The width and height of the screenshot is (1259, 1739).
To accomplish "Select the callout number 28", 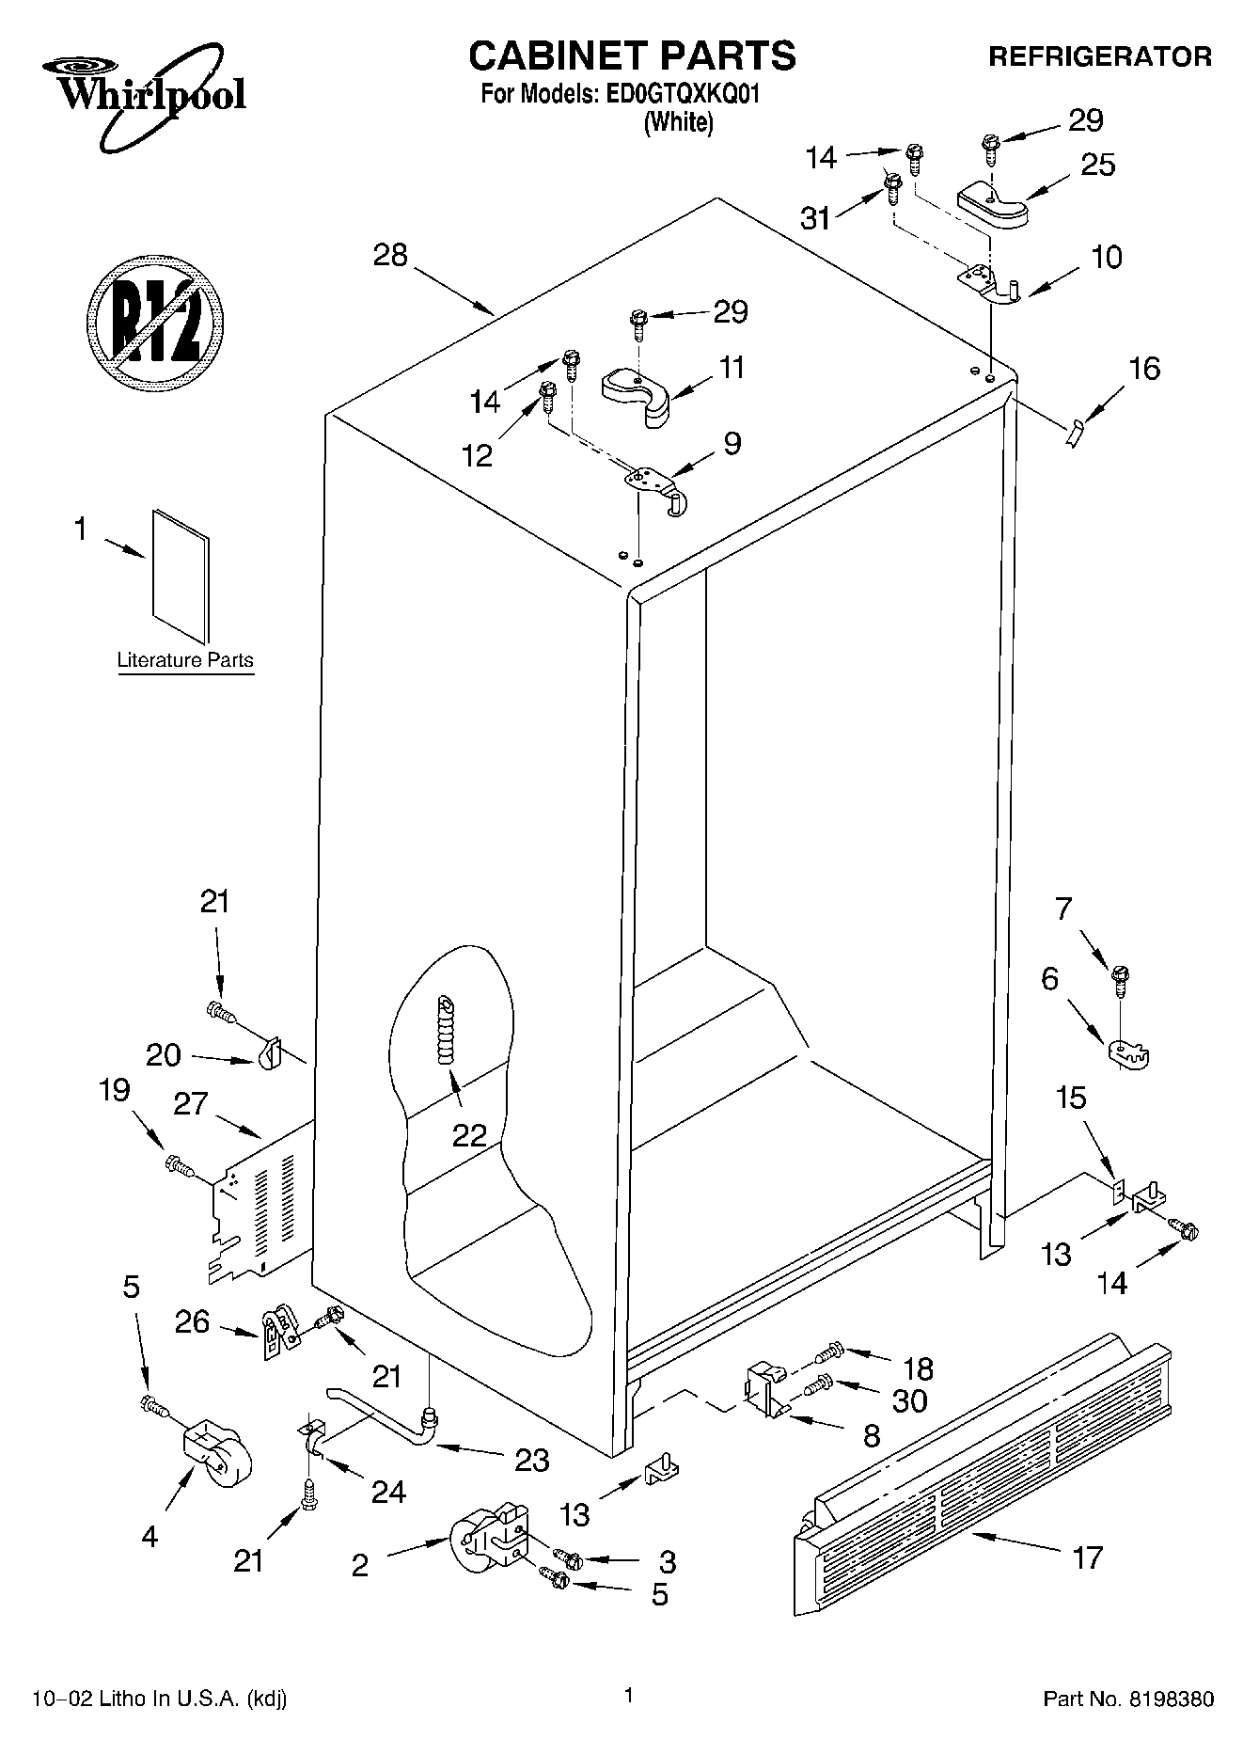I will coord(390,255).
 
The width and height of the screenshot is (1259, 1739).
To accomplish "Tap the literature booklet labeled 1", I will coord(181,576).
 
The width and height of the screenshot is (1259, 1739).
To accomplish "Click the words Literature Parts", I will coord(185,660).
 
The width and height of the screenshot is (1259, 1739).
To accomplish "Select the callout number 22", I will coord(469,1135).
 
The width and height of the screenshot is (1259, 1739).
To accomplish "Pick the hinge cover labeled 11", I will coord(639,393).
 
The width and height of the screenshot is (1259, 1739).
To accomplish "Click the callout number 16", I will coord(1143,368).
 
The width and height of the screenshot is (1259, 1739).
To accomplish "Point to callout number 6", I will coord(1049,978).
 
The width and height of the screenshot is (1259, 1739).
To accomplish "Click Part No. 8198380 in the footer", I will coord(1128,1699).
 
